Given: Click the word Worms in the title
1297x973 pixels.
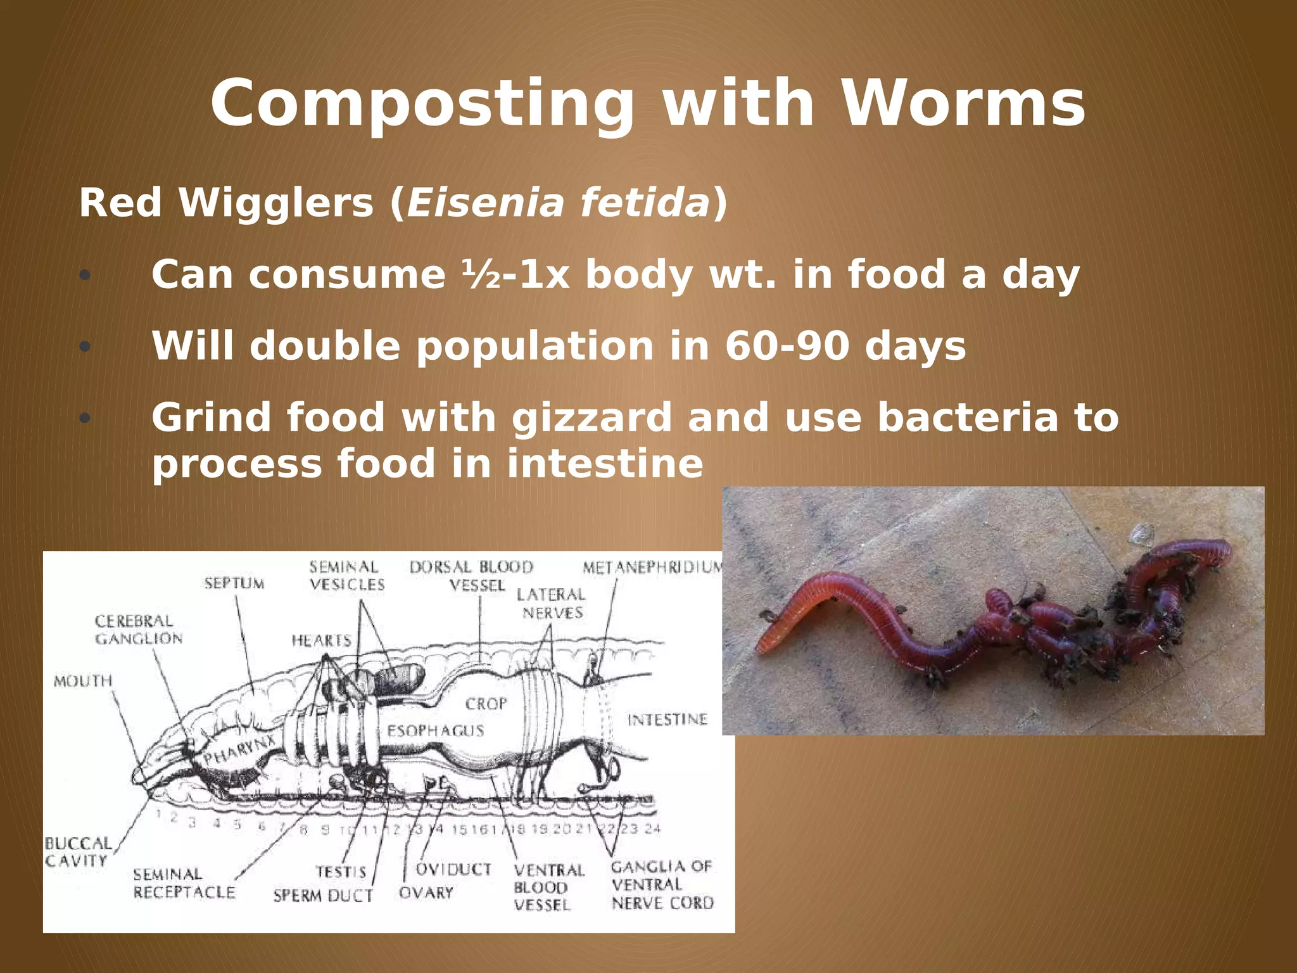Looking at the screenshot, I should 963,103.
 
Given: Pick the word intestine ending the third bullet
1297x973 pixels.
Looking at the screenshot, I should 605,463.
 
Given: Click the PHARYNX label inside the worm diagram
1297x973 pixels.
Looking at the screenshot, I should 239,750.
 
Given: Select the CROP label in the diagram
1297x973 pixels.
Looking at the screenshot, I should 486,704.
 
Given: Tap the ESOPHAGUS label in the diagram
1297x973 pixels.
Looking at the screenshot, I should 436,731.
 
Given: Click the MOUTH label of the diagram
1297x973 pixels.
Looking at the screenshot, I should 83,681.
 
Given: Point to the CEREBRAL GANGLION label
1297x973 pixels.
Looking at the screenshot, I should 138,630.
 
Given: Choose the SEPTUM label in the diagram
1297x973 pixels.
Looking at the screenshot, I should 234,583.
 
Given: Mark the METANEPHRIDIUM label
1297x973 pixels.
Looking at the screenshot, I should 652,567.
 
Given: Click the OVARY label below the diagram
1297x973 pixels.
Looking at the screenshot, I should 426,893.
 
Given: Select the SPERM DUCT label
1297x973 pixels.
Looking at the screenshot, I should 323,896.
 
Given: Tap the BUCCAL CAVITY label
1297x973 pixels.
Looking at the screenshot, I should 77,852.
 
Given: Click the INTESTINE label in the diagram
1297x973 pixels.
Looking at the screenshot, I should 667,720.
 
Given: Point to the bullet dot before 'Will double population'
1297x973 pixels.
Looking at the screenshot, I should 85,347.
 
